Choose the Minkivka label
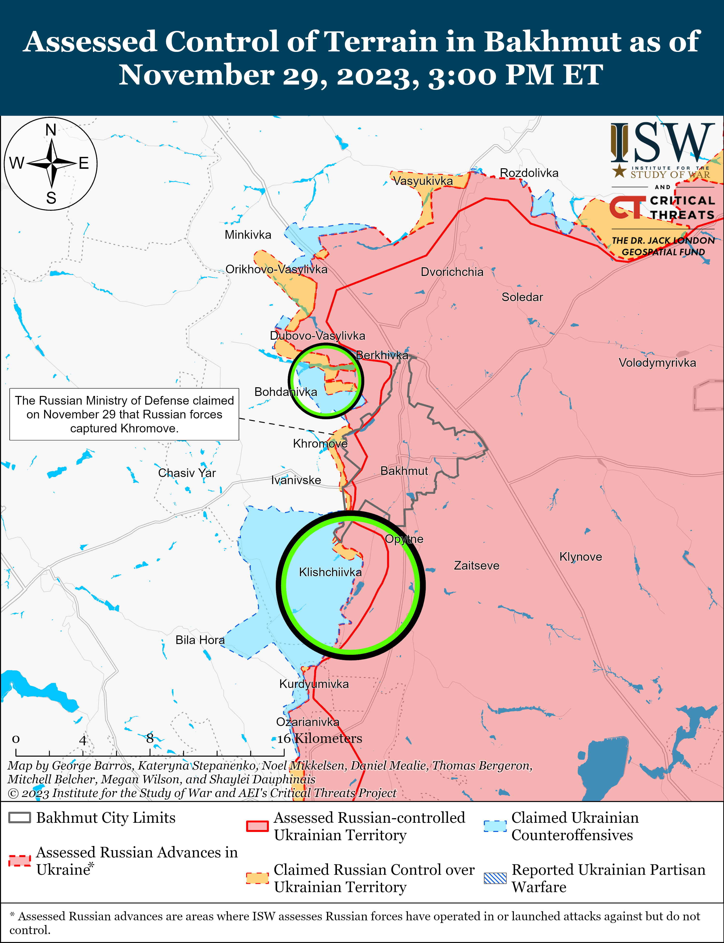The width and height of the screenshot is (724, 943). pos(248,235)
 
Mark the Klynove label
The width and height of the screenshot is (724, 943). pos(580,556)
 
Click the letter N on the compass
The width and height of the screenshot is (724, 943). pos(51,130)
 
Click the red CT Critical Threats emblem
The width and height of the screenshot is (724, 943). pos(627,207)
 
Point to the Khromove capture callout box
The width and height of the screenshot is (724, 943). pos(124,414)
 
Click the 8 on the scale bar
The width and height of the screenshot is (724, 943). pos(150,738)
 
